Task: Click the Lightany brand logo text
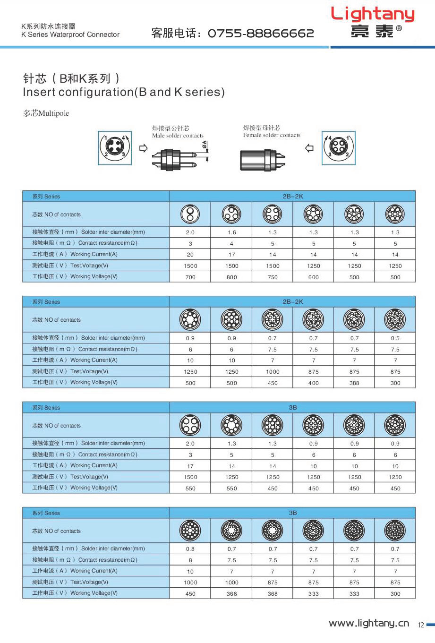(x=373, y=14)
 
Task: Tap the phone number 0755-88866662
(x=261, y=33)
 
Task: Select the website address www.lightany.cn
(x=369, y=623)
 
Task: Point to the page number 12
(x=421, y=625)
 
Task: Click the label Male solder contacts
(x=178, y=136)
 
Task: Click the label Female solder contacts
(x=272, y=135)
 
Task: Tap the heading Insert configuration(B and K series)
(x=124, y=92)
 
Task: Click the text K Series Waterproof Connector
(x=70, y=34)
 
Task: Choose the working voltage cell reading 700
(x=190, y=277)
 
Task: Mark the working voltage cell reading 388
(x=354, y=383)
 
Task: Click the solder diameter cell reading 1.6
(x=231, y=232)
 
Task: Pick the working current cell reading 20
(x=190, y=255)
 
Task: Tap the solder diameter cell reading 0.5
(x=395, y=338)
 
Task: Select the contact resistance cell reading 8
(x=190, y=560)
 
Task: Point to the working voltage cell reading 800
(x=231, y=277)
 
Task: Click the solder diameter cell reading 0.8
(x=190, y=549)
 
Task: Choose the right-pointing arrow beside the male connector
(x=144, y=148)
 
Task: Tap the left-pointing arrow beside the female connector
(x=309, y=148)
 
